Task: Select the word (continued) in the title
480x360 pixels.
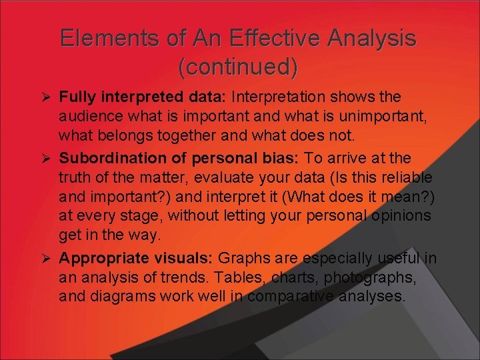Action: pyautogui.click(x=238, y=67)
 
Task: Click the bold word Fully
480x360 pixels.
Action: pyautogui.click(x=75, y=97)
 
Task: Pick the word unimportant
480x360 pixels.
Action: pyautogui.click(x=387, y=117)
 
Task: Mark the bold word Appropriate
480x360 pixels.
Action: pyautogui.click(x=101, y=258)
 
